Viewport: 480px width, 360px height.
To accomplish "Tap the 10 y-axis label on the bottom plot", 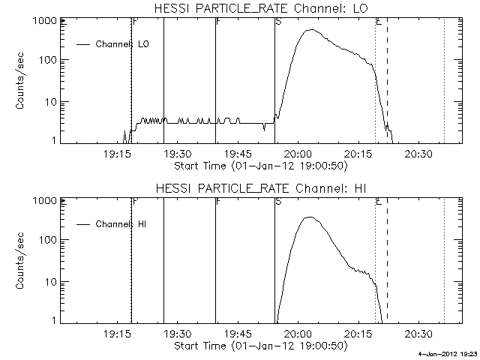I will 52,282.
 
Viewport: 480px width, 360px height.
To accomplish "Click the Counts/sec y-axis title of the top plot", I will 23,80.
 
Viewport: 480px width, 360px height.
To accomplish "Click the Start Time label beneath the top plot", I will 259,165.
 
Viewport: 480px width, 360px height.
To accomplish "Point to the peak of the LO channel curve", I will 310,30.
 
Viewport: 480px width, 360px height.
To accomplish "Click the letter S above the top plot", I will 279,22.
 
